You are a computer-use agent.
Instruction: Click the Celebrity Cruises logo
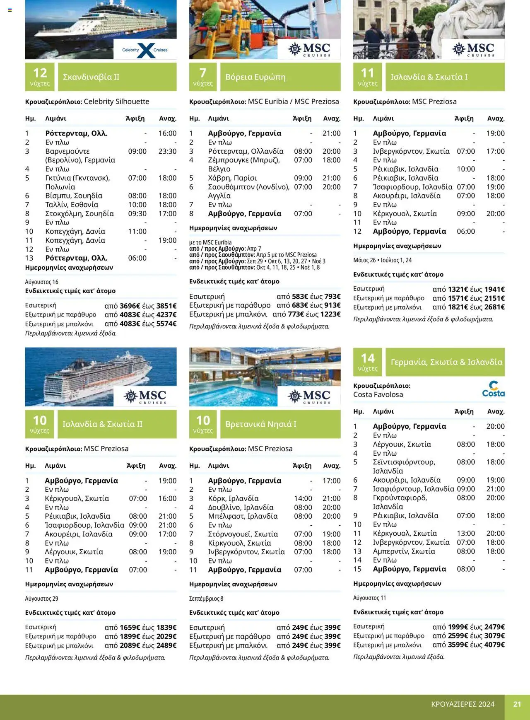145,50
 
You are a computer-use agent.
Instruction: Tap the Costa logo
493,389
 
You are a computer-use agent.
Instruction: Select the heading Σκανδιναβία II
91,77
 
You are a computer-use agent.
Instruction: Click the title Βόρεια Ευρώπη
255,77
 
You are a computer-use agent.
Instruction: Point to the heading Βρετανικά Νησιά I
261,424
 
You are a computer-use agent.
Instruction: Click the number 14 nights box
368,362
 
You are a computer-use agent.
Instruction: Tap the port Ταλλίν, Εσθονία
72,205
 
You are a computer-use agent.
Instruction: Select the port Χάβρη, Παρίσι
232,178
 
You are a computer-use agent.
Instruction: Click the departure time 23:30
167,151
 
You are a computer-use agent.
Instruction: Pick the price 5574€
166,324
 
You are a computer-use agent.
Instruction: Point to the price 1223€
330,314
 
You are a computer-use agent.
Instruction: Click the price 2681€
494,307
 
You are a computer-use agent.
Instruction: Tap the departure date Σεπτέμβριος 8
206,599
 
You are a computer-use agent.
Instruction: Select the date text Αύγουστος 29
41,599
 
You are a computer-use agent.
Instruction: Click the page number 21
517,704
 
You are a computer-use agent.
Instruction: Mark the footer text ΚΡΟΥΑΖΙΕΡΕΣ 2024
463,704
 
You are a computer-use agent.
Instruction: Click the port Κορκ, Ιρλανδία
233,498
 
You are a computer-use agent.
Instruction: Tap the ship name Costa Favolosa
378,395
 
